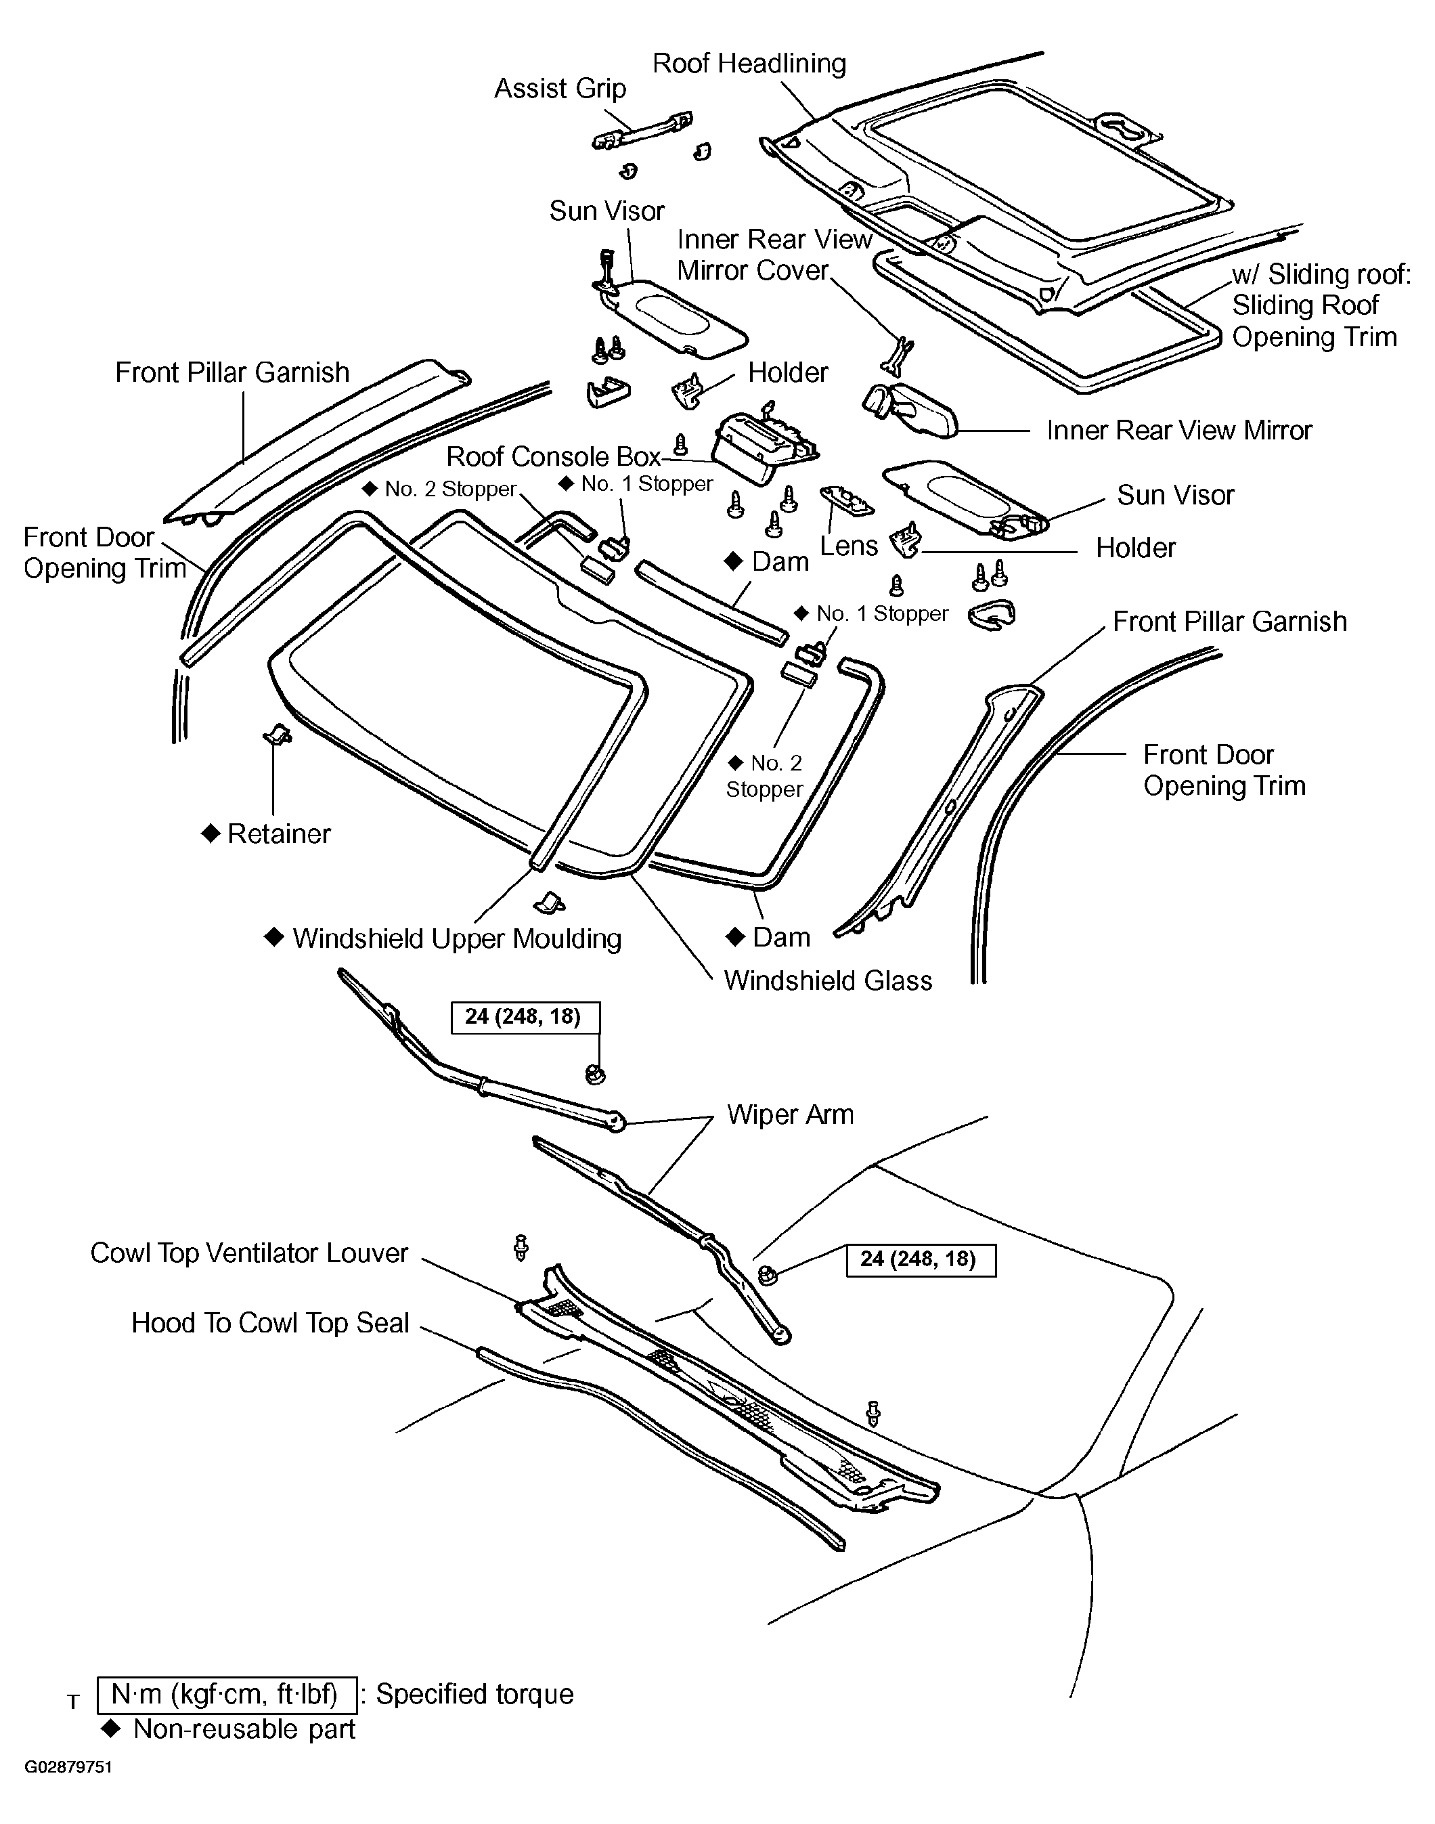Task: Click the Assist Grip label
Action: coord(560,88)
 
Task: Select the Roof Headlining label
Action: coord(749,63)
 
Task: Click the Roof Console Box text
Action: coord(553,456)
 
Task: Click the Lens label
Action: coord(849,546)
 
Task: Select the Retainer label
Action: coord(278,833)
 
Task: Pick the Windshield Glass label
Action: coord(828,980)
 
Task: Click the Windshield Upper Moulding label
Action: coord(456,938)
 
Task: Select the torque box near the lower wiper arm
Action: coord(920,1260)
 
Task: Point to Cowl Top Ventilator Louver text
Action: coord(248,1253)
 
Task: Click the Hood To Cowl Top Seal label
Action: coord(269,1322)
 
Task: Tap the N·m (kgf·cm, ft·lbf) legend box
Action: coord(225,1695)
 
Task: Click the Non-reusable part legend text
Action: coord(244,1729)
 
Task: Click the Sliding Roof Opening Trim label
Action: coord(1313,321)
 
